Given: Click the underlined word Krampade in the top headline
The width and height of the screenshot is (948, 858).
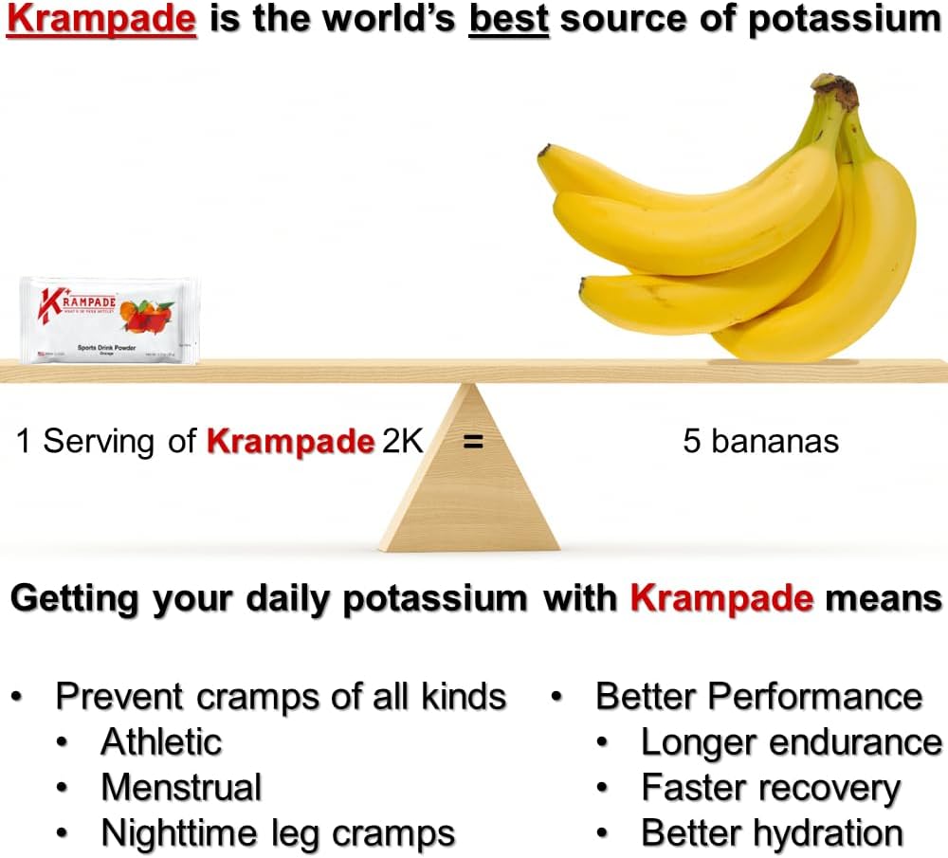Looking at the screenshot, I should (101, 20).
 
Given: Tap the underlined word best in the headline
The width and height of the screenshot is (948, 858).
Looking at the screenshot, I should (509, 20).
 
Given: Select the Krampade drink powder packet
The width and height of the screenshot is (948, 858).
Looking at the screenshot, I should (110, 320).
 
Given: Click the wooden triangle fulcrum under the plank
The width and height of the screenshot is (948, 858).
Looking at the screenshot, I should (469, 484).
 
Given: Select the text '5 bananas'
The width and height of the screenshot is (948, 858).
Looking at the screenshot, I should (760, 442).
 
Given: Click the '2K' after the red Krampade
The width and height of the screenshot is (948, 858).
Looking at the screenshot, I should (402, 442).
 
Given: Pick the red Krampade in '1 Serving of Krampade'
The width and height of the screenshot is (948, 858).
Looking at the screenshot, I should (290, 442).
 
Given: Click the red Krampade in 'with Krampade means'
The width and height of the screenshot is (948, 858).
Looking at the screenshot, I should (721, 598).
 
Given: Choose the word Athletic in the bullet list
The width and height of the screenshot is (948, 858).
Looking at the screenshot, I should (161, 741).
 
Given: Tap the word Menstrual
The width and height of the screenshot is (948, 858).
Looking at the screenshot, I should (181, 788).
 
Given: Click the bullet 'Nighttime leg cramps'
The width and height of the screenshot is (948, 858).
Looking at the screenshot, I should (278, 834).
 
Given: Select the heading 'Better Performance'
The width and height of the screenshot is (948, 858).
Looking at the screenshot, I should (758, 697).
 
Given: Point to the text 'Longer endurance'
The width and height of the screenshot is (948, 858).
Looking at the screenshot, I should (791, 742).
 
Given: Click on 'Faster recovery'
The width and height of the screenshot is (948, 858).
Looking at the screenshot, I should (770, 788).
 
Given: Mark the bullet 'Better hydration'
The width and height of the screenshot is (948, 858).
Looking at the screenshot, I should (772, 834).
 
